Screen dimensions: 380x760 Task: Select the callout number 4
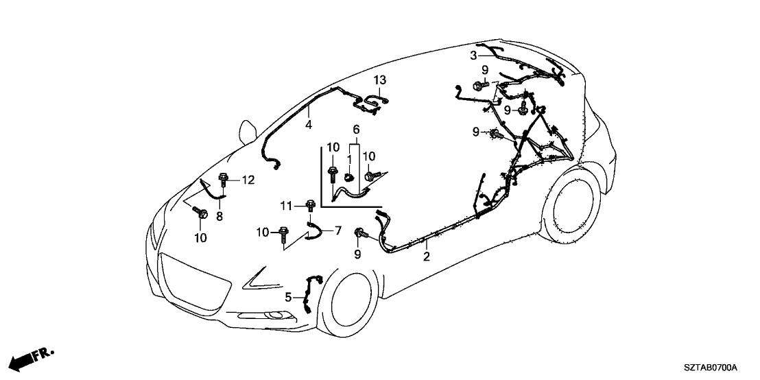pyautogui.click(x=309, y=124)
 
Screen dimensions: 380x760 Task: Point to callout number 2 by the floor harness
pyautogui.click(x=427, y=257)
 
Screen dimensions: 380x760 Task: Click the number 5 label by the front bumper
pyautogui.click(x=288, y=297)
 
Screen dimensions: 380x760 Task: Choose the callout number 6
pyautogui.click(x=356, y=129)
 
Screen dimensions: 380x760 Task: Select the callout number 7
pyautogui.click(x=337, y=230)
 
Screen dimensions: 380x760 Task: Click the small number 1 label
pyautogui.click(x=348, y=158)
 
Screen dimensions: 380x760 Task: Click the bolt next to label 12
pyautogui.click(x=223, y=181)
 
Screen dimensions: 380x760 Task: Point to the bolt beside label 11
pyautogui.click(x=310, y=204)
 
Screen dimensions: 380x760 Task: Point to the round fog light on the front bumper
pyautogui.click(x=279, y=316)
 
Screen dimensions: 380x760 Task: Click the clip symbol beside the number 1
pyautogui.click(x=348, y=177)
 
